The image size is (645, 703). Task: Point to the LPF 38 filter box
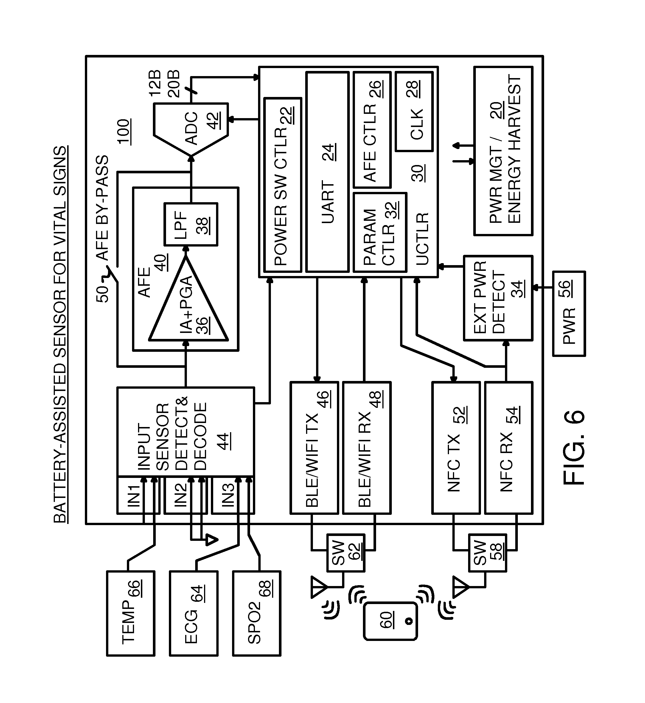191,224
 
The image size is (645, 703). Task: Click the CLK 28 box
414,112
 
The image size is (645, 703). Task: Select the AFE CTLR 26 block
372,130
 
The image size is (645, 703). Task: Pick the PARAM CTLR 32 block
380,232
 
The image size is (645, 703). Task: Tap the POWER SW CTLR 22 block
283,185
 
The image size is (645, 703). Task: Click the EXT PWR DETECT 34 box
498,298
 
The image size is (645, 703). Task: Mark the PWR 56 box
569,314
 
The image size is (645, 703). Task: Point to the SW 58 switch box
487,553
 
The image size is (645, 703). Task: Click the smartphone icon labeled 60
391,621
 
